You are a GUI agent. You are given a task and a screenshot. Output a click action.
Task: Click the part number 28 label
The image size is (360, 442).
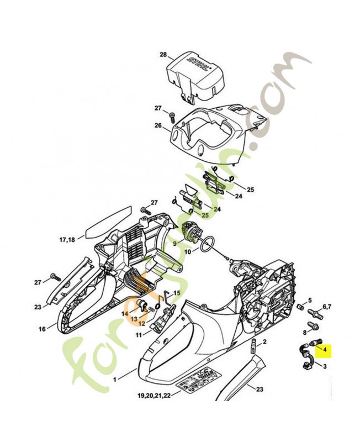click(162, 55)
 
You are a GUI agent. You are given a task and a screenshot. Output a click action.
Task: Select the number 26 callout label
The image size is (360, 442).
click(158, 126)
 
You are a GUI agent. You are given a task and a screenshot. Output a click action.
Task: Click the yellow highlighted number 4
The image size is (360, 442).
click(325, 349)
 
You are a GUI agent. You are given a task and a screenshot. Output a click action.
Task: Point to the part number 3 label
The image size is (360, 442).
click(325, 366)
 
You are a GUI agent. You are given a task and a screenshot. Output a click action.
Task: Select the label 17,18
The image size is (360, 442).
click(67, 240)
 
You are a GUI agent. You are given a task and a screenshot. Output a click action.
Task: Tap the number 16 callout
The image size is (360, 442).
click(42, 329)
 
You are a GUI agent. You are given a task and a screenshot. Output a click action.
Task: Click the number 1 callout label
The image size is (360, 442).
click(115, 380)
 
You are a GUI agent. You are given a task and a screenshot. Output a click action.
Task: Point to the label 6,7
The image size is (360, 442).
click(326, 306)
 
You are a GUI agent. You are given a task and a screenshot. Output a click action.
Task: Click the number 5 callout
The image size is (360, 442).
click(310, 300)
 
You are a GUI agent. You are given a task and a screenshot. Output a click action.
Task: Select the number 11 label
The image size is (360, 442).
click(139, 334)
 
